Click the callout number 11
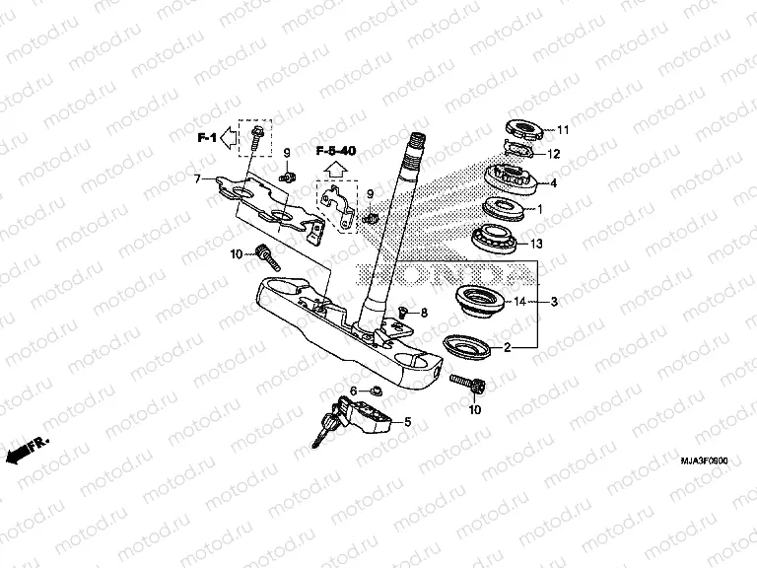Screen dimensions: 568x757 click(563, 130)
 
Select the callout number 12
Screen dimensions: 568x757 click(554, 154)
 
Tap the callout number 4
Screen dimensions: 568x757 click(554, 183)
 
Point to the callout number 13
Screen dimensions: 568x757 click(564, 244)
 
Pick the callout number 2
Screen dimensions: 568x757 click(507, 347)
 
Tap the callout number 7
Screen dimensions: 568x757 click(197, 179)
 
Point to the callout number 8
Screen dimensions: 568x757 click(425, 313)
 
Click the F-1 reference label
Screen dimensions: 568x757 click(206, 138)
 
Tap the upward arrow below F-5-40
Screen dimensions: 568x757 click(335, 169)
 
